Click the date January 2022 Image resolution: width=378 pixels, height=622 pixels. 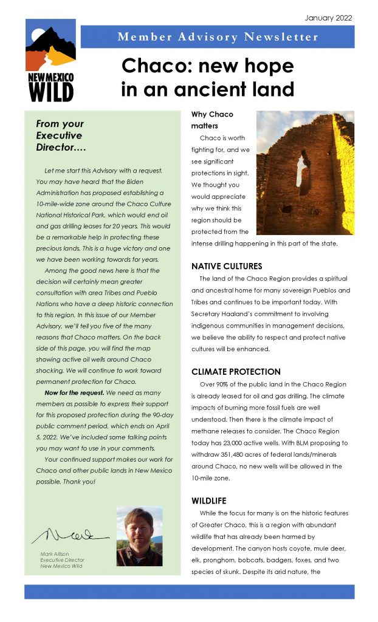[x=328, y=18]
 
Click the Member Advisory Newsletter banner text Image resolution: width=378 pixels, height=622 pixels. [x=218, y=37]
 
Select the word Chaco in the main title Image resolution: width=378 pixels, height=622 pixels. [x=158, y=66]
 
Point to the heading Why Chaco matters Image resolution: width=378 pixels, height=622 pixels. [x=212, y=120]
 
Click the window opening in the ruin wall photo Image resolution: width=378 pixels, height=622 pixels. [x=302, y=169]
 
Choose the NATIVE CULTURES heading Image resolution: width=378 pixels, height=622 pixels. [x=227, y=267]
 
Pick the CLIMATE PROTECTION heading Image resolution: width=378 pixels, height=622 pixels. [x=236, y=372]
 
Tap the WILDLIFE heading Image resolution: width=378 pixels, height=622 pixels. [x=210, y=501]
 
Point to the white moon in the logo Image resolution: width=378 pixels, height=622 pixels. [x=37, y=35]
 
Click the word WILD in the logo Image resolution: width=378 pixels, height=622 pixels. [x=51, y=92]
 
